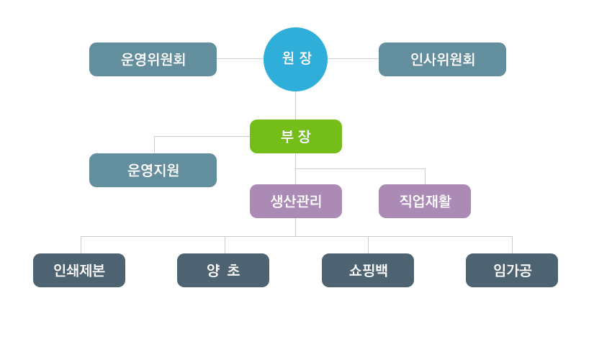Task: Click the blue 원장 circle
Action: click(295, 59)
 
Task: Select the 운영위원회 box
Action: click(153, 59)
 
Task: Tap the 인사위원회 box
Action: click(442, 59)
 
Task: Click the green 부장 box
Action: click(296, 136)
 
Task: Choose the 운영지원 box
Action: click(153, 170)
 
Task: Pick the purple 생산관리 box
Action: click(296, 201)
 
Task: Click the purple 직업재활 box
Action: click(425, 201)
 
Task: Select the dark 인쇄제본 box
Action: click(79, 270)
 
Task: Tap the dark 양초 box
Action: click(223, 270)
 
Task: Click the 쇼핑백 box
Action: click(368, 270)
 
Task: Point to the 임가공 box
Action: click(512, 270)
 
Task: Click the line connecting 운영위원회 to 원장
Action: click(240, 59)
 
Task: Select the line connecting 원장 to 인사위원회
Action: click(353, 59)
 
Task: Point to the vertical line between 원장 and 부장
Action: click(295, 105)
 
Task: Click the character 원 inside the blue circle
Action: click(288, 58)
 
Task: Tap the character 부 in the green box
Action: click(287, 136)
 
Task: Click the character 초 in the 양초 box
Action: click(233, 270)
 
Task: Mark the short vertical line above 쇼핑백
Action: click(368, 245)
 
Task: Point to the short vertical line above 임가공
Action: click(512, 245)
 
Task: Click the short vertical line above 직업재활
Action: click(425, 176)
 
